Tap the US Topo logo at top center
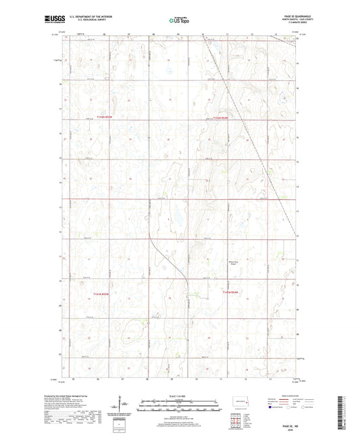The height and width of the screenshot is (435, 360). (x=178, y=21)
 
